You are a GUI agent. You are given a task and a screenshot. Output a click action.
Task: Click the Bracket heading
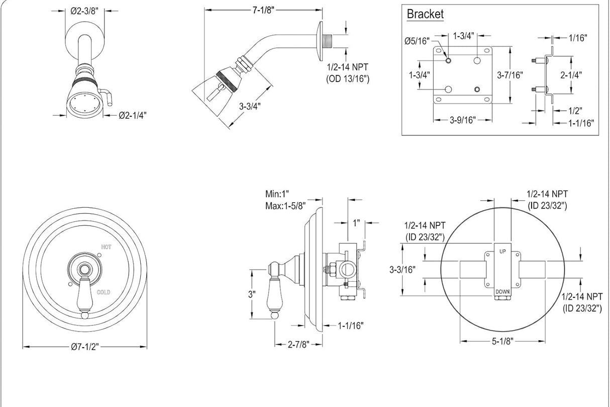[425, 14]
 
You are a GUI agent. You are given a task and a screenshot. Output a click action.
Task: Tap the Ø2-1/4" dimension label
[133, 115]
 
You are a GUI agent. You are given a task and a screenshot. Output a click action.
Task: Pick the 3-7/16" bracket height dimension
[510, 75]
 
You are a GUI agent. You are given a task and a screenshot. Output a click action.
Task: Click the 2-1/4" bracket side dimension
[571, 74]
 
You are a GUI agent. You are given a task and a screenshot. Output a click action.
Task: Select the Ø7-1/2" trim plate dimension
[84, 347]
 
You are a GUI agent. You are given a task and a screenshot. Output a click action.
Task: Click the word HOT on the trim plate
[106, 247]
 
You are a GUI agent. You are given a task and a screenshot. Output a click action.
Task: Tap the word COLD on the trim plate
[105, 292]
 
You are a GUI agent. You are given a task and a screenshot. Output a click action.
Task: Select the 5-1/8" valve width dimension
[502, 341]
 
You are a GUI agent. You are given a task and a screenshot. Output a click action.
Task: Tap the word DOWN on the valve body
[502, 292]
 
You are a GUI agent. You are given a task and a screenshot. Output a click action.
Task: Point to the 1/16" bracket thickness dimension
[578, 37]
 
